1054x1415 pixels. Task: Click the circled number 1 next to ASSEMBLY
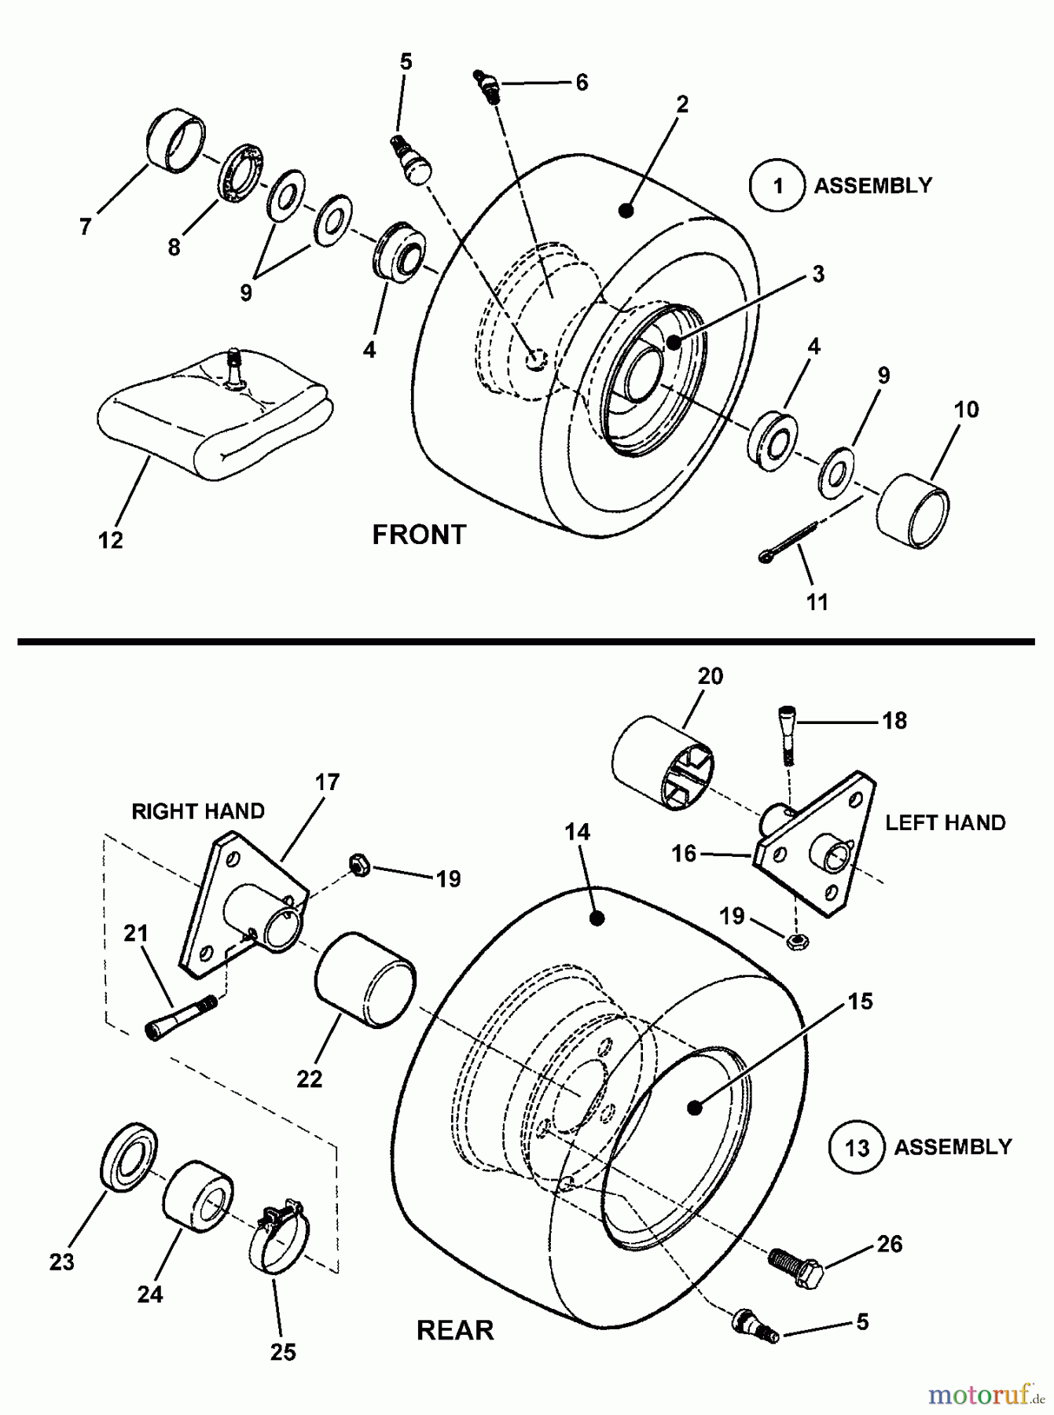tap(777, 186)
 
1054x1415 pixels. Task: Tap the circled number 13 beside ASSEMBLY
tap(856, 1149)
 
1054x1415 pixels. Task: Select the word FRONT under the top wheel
tap(419, 535)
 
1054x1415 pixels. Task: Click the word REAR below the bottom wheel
tap(455, 1331)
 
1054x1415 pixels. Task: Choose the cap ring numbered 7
tap(177, 144)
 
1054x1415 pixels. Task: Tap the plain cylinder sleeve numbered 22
tap(365, 979)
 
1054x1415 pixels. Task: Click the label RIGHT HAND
tap(198, 811)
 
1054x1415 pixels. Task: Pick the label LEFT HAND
tap(945, 823)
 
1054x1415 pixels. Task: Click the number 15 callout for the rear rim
tap(860, 1002)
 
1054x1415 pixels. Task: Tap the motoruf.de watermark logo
tap(987, 1395)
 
